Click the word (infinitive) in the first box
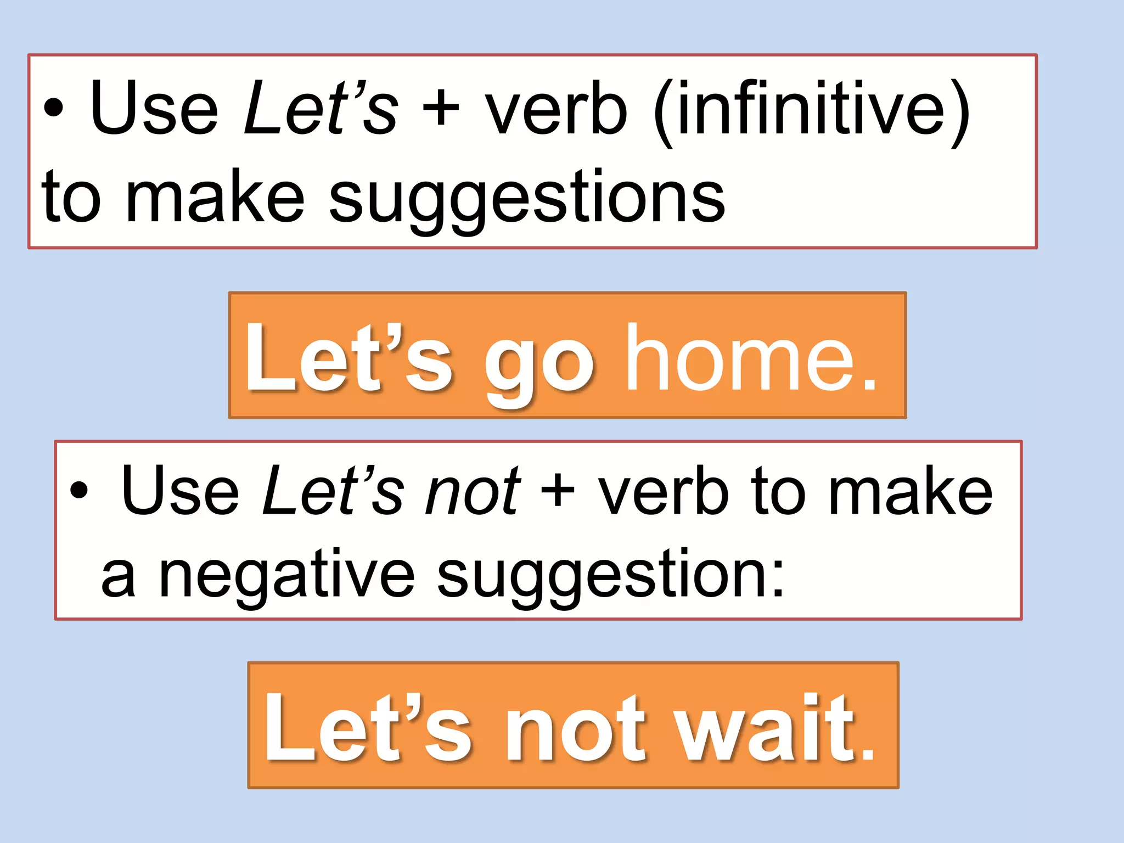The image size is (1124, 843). click(812, 110)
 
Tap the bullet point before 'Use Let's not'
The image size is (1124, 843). click(79, 490)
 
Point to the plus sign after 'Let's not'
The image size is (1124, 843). click(558, 490)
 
